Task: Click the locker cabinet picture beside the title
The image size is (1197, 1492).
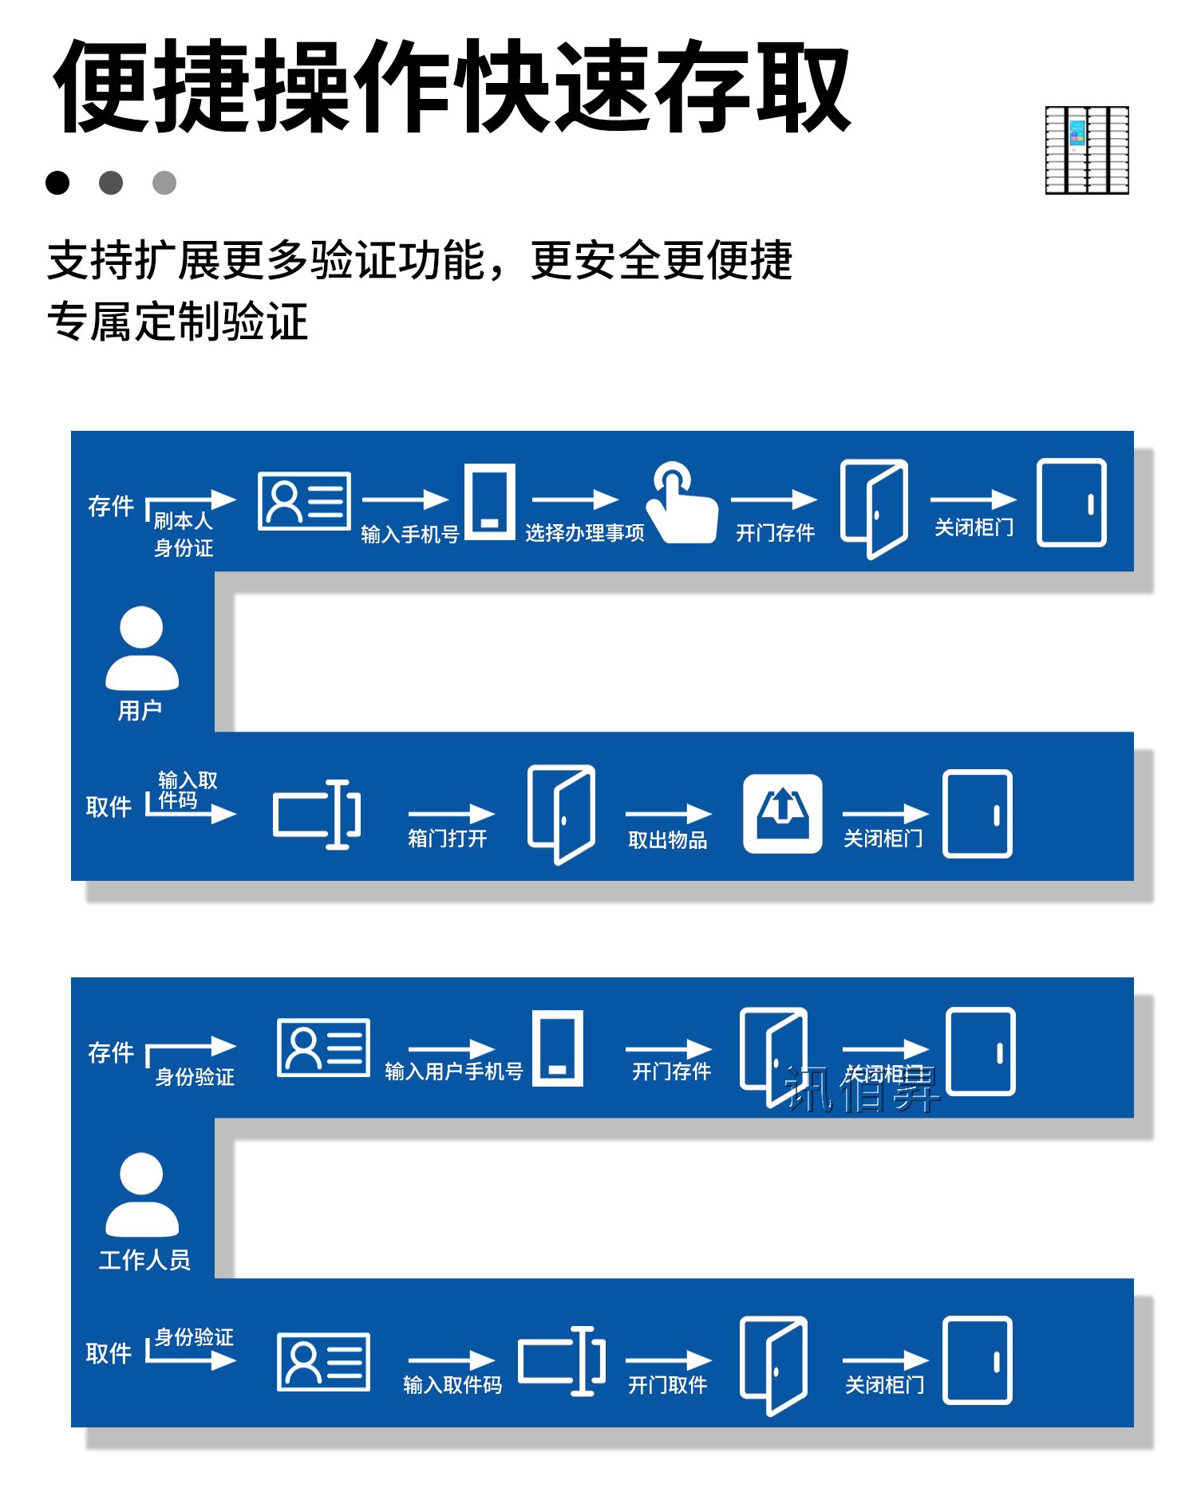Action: [1087, 150]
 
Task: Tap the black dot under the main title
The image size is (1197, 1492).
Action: [57, 183]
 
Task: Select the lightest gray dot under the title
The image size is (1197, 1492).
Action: [164, 183]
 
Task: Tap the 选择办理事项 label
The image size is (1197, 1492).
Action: [584, 533]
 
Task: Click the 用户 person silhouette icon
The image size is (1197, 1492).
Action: [142, 648]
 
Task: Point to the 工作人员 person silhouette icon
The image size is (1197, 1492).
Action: [142, 1194]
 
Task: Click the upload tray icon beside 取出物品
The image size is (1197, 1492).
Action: [782, 814]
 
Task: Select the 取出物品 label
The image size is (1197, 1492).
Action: [667, 840]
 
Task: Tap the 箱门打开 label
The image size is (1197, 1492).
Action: [447, 839]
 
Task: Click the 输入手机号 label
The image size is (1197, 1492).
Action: [409, 534]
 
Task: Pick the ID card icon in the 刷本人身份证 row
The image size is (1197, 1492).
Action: [304, 501]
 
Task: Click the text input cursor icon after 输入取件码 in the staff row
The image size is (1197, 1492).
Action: [562, 1361]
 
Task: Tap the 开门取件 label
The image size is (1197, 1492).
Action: [667, 1385]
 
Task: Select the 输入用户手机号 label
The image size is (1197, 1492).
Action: [453, 1072]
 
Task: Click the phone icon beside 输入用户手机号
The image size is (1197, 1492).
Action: [557, 1048]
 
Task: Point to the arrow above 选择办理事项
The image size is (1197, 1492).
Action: [575, 500]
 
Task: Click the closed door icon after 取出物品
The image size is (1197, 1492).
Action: [978, 814]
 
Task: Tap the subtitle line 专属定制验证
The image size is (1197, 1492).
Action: [177, 322]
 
